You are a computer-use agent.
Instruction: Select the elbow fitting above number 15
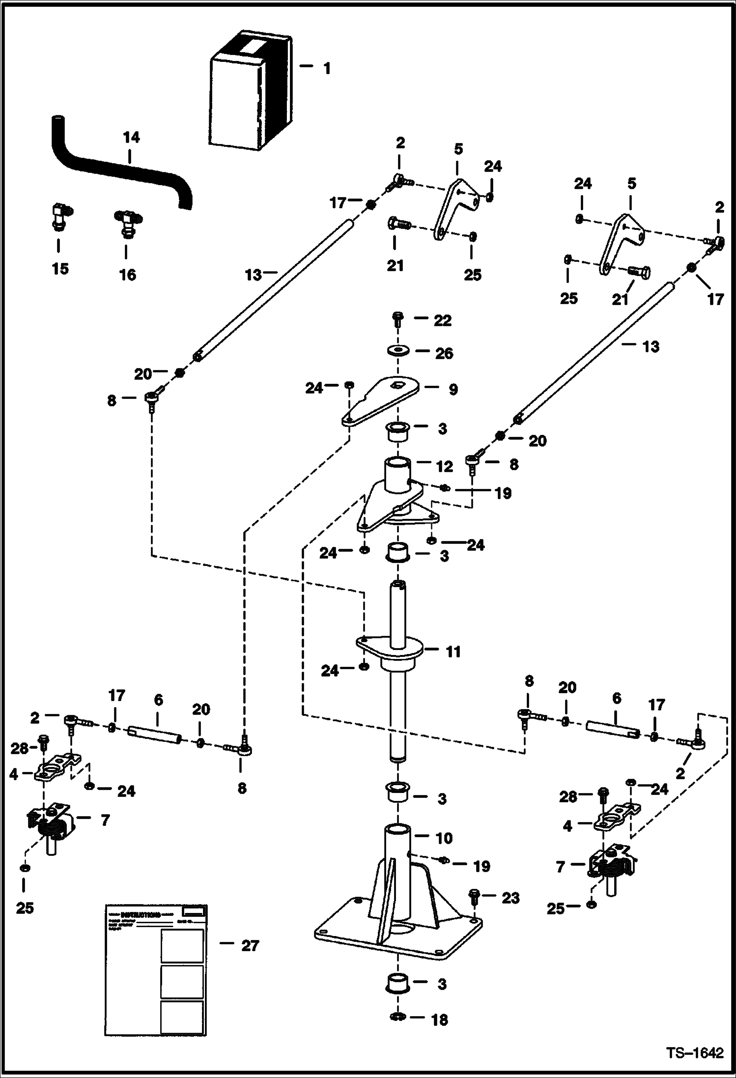pyautogui.click(x=60, y=217)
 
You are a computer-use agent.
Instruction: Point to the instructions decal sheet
pyautogui.click(x=156, y=972)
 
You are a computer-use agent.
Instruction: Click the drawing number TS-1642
pyautogui.click(x=695, y=1053)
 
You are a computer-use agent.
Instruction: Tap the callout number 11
pyautogui.click(x=453, y=652)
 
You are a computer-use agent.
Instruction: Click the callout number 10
pyautogui.click(x=444, y=838)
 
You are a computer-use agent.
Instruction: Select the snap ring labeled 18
pyautogui.click(x=397, y=1017)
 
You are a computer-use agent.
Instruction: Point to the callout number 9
pyautogui.click(x=453, y=389)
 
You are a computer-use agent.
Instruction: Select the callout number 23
pyautogui.click(x=510, y=898)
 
